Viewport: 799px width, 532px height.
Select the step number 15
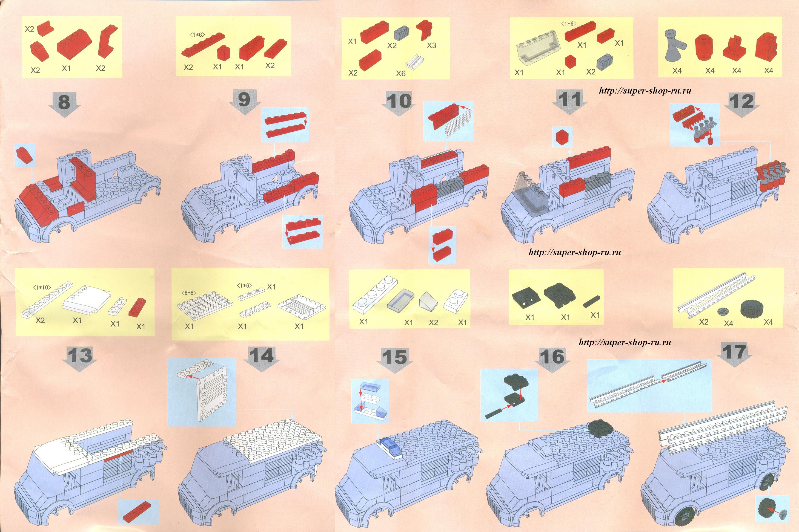394,357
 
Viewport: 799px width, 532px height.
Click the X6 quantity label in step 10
401,73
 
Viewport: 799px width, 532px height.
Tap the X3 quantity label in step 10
431,45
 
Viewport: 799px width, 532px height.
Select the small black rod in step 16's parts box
592,301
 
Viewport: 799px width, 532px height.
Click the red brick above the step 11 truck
562,137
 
